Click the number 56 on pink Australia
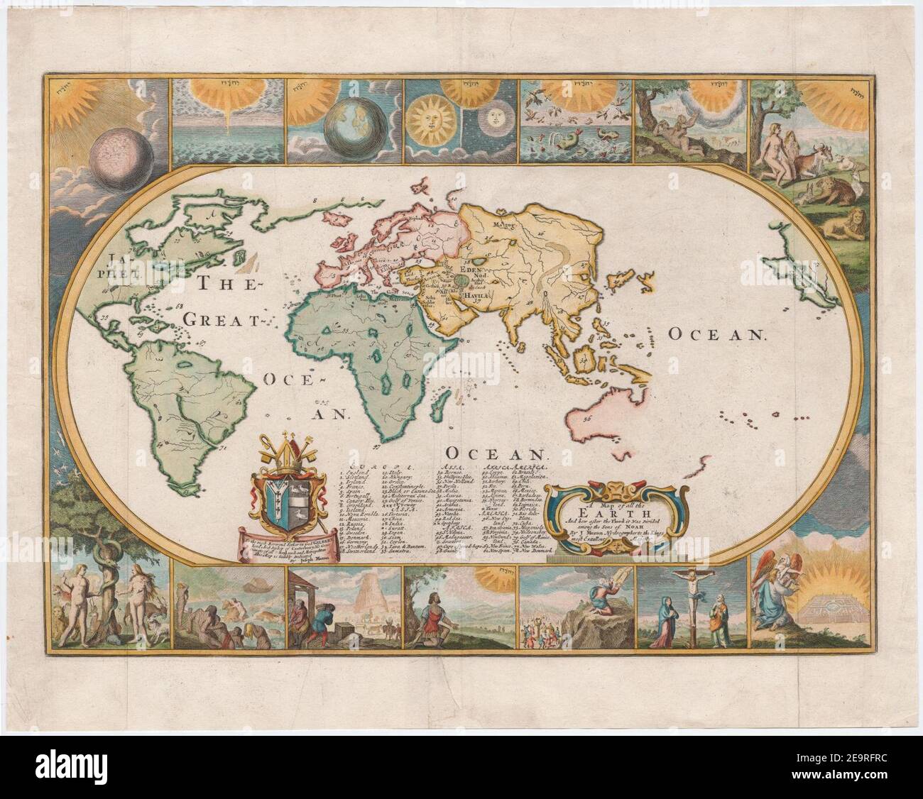(586, 419)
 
